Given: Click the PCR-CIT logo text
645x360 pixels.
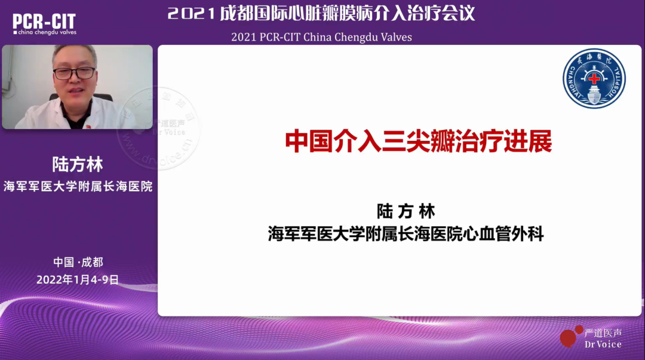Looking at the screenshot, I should [x=44, y=21].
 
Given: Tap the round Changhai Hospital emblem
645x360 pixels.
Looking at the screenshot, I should [x=594, y=78].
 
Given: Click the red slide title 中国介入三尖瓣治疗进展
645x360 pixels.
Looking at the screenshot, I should [x=417, y=141].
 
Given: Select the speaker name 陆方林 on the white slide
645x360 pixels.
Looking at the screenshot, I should [x=406, y=211].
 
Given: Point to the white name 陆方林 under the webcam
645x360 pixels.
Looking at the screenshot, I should [x=78, y=164].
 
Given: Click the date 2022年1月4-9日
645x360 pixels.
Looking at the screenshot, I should [x=78, y=279].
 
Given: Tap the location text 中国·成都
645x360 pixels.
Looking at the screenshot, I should [x=78, y=262].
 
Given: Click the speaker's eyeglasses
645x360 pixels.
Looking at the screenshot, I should [x=74, y=73].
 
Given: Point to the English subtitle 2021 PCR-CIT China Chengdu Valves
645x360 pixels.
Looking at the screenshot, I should [x=321, y=37].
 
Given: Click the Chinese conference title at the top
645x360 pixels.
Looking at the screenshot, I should [x=321, y=13].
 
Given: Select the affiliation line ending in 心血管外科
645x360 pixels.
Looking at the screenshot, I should [x=406, y=234].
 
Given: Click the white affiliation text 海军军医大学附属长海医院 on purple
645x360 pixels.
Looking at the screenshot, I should [x=78, y=186].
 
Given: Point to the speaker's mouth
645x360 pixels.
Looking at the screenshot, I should [x=73, y=91].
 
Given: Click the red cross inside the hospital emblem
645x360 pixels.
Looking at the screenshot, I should [x=594, y=79].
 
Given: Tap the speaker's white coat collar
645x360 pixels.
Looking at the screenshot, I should [x=57, y=110].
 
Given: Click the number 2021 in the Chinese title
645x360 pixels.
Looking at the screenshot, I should [x=191, y=14].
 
